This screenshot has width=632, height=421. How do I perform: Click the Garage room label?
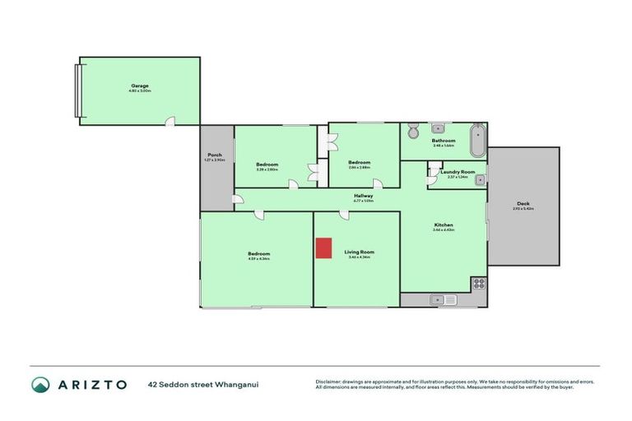click(x=140, y=85)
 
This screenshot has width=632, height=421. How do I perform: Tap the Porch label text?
click(x=214, y=155)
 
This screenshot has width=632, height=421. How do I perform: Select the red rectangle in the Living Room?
click(x=324, y=248)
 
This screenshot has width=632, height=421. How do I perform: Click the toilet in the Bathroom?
click(x=413, y=131)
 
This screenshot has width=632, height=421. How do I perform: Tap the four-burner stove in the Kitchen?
click(x=478, y=284)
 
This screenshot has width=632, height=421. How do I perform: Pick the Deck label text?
click(x=523, y=204)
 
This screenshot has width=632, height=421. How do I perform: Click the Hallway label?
click(x=364, y=195)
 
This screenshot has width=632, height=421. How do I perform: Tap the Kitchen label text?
click(x=444, y=224)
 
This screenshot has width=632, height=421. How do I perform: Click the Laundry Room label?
click(x=458, y=171)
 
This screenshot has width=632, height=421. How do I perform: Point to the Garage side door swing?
click(x=170, y=122)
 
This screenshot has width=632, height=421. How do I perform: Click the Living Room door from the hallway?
click(x=344, y=215)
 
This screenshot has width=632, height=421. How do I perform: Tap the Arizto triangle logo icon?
click(x=40, y=384)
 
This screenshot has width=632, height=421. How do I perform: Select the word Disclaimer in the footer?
click(x=330, y=382)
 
